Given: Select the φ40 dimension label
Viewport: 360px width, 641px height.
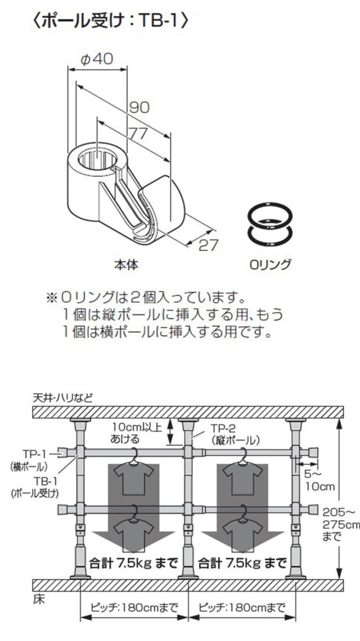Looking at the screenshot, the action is tap(97, 60).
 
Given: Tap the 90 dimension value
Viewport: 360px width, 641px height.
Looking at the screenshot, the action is tap(139, 107).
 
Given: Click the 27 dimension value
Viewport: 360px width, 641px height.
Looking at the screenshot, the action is tap(208, 245).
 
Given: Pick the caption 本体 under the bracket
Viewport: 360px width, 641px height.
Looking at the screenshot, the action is tap(126, 264).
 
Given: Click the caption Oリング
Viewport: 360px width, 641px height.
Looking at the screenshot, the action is tap(270, 264).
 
